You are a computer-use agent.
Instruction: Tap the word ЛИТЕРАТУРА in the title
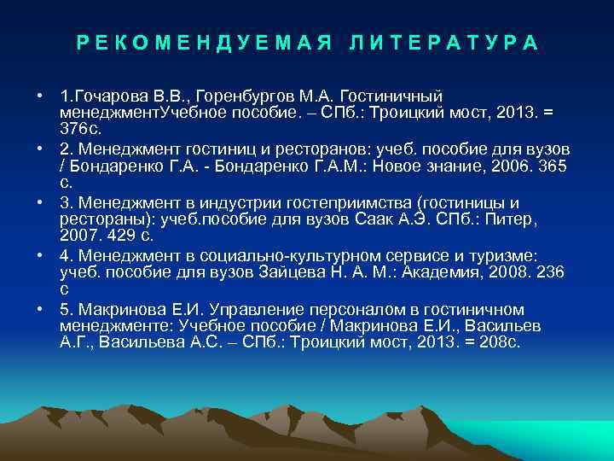click(x=444, y=43)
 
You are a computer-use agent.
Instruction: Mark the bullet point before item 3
click(x=42, y=202)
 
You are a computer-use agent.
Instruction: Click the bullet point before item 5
click(x=42, y=308)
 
